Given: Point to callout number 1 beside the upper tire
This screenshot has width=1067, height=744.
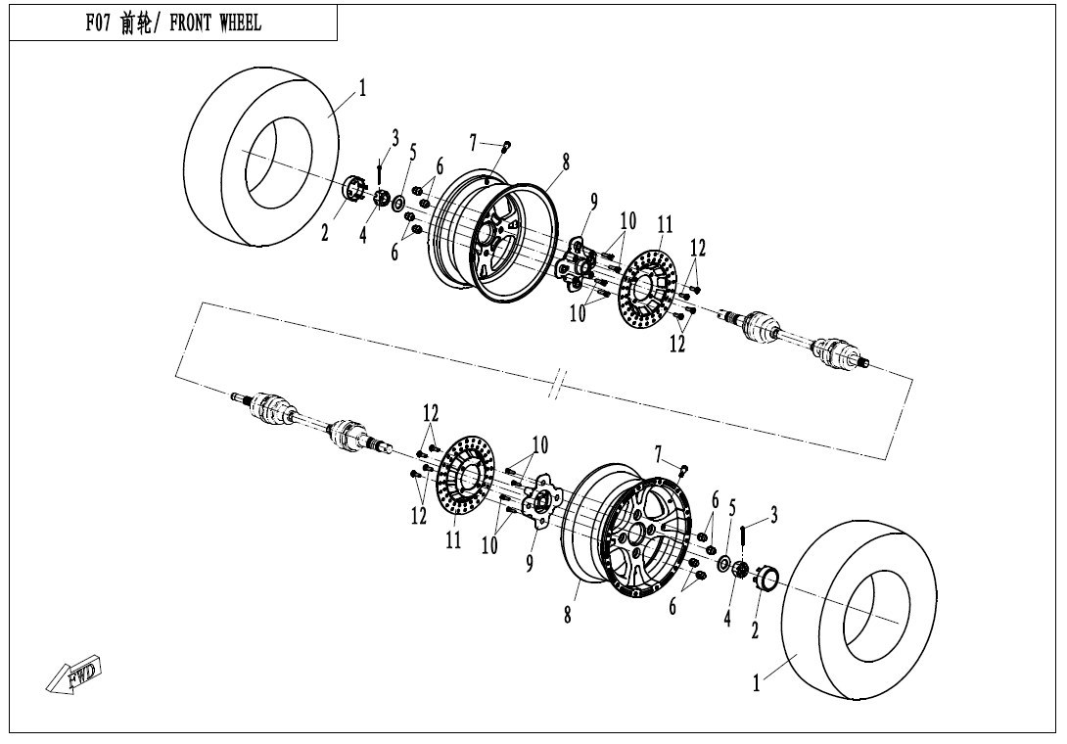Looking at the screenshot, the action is point(363,88).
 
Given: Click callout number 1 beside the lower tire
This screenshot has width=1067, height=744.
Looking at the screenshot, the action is point(756,682).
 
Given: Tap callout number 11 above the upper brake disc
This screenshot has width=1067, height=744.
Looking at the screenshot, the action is point(665,224).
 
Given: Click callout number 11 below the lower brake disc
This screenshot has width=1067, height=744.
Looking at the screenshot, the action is point(453,539).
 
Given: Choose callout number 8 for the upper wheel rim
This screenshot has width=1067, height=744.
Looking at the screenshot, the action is point(566,162).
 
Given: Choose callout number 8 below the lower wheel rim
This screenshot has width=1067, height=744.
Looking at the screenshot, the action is point(568,615).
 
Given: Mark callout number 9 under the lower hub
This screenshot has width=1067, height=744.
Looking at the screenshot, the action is point(530,562).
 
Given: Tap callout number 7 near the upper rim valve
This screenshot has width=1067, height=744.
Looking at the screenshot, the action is point(473,143).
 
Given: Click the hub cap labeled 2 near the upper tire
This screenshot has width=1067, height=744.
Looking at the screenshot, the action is point(353,188).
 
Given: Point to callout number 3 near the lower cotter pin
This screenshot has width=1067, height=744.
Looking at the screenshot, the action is point(773,514).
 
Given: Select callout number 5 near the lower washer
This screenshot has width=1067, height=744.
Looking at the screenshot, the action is point(732,508).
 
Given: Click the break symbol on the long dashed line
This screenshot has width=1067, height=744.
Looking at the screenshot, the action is point(558,386).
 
